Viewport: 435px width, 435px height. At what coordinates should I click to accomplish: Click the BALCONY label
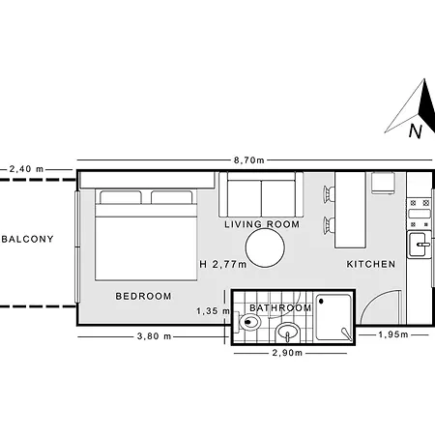28,239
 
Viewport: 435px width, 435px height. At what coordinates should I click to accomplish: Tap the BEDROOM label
143,296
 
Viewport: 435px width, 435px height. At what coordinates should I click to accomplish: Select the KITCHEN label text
371,264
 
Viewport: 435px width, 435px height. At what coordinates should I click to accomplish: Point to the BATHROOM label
280,308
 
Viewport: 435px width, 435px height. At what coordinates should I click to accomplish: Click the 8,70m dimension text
249,160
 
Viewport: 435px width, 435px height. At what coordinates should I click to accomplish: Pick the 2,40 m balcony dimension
26,169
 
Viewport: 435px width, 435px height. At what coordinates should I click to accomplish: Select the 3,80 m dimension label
154,336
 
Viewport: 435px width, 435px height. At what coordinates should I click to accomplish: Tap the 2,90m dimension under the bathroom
287,353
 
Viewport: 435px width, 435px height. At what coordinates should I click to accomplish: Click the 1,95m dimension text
393,334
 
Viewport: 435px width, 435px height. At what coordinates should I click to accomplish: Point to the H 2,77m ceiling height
223,265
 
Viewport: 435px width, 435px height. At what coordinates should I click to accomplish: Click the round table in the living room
265,247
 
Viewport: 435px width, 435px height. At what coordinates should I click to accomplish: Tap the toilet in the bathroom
247,322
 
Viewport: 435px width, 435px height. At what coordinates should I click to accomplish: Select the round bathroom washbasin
288,333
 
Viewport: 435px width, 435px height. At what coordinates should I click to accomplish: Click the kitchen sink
420,245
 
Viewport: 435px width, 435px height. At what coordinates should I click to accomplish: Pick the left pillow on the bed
121,197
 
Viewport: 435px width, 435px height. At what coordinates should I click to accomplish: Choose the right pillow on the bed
172,197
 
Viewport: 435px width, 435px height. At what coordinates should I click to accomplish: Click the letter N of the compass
416,131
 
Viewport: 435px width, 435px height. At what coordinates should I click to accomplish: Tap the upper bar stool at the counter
329,194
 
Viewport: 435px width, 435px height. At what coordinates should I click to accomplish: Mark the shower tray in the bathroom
333,317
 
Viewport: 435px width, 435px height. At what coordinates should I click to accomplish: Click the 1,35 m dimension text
213,311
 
